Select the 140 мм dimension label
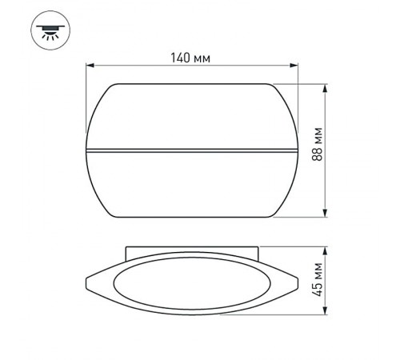(x=192, y=58)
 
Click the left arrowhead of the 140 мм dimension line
(x=90, y=67)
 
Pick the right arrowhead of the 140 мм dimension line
(x=294, y=67)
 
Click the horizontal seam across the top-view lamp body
(x=192, y=149)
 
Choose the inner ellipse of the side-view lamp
(x=192, y=285)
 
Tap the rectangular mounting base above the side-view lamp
(x=192, y=251)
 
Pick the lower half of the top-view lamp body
(x=192, y=184)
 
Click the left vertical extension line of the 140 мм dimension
(x=86, y=96)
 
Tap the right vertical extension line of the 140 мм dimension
(x=298, y=96)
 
